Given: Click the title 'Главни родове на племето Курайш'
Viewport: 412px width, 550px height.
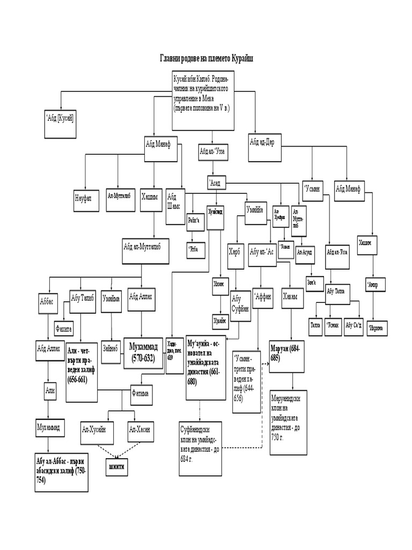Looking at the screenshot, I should point(206,58).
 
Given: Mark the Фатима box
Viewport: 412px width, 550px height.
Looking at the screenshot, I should point(141,394).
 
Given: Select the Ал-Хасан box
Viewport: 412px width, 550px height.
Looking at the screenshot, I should point(142,429).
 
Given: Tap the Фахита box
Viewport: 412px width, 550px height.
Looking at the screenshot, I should point(64,327).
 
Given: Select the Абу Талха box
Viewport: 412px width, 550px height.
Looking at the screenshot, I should point(339,291).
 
